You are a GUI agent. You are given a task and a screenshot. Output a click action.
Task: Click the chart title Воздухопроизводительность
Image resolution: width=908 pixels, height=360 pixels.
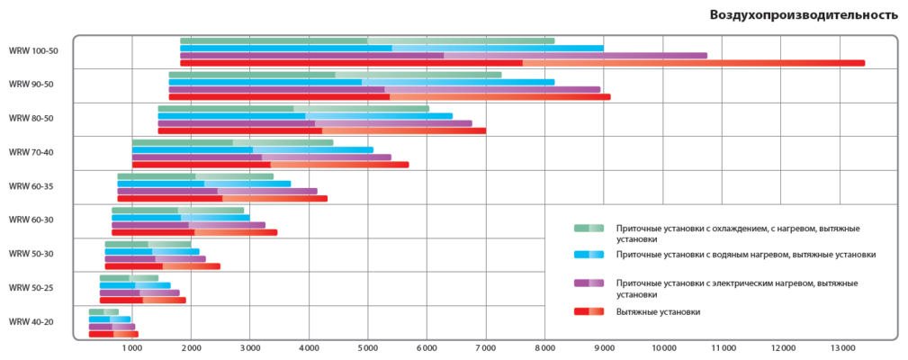pos(804,15)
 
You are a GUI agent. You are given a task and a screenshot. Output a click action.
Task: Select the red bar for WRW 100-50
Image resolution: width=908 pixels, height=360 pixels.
pos(522,63)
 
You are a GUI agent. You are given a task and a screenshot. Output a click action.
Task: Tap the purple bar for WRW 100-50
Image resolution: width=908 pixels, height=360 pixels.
pos(443,56)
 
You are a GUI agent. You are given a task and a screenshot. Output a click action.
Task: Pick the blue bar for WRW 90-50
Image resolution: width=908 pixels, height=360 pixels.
pos(361,82)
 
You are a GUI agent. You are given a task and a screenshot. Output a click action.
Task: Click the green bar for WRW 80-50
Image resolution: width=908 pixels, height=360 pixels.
pos(293,109)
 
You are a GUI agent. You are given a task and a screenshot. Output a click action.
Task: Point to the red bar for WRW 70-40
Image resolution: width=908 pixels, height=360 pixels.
pos(270,165)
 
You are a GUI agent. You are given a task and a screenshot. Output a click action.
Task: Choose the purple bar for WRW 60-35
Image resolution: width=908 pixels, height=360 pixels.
pos(217,191)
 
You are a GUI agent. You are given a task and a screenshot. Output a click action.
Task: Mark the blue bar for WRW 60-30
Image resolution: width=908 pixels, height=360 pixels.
pos(180,218)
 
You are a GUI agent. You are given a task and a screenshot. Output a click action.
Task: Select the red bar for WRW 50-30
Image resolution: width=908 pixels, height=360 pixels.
pos(162,266)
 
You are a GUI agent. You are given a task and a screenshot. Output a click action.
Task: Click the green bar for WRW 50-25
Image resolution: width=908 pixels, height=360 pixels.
pos(129,278)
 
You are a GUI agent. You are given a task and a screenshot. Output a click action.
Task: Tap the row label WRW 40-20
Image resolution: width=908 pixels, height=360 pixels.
pos(31,321)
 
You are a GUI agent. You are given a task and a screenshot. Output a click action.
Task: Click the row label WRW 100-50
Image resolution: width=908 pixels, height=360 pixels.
pos(33,51)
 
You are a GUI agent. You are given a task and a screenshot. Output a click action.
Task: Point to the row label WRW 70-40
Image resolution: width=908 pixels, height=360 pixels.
pos(31,152)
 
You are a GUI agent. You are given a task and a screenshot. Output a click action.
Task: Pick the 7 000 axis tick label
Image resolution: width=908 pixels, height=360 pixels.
pos(485,346)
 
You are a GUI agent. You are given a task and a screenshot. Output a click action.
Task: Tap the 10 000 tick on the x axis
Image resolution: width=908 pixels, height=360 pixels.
pos(662,346)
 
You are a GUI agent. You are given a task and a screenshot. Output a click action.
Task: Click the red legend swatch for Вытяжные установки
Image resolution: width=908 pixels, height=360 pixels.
pos(589,311)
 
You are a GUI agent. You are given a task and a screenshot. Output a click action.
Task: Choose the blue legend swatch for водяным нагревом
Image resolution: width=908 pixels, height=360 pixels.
pos(589,255)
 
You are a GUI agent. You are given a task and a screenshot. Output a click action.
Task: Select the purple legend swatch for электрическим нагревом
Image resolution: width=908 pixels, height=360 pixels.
pos(589,283)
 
